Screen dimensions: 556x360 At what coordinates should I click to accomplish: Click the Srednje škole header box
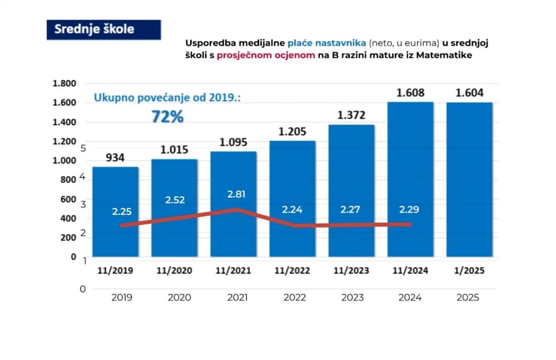(103, 29)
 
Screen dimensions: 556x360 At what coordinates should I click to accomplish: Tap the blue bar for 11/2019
(116, 211)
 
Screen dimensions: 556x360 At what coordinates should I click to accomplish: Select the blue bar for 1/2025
(469, 179)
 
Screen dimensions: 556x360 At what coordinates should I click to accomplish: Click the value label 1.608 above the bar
(410, 93)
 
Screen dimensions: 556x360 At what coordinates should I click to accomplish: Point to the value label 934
(115, 157)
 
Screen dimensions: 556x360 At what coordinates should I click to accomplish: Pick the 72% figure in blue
(167, 116)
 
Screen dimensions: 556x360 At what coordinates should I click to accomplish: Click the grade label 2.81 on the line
(236, 194)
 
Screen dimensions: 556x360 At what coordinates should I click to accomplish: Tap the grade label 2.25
(122, 211)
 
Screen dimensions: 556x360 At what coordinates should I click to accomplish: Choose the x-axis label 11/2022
(292, 270)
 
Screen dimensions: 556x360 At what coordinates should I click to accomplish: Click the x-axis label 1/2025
(469, 270)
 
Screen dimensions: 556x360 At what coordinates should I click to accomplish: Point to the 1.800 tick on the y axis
(64, 83)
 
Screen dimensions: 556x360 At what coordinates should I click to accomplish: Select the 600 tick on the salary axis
(68, 199)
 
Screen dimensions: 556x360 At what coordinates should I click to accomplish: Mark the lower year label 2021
(237, 297)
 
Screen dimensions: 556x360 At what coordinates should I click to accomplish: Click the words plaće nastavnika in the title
(326, 43)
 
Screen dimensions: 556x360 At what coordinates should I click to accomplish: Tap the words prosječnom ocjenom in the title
(266, 56)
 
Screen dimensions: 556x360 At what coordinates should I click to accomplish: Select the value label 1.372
(351, 115)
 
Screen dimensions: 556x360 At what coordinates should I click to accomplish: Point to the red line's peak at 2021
(237, 210)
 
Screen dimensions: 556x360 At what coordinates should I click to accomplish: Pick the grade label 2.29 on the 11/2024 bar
(409, 209)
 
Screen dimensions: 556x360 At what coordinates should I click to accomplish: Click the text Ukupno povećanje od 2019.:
(167, 97)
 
